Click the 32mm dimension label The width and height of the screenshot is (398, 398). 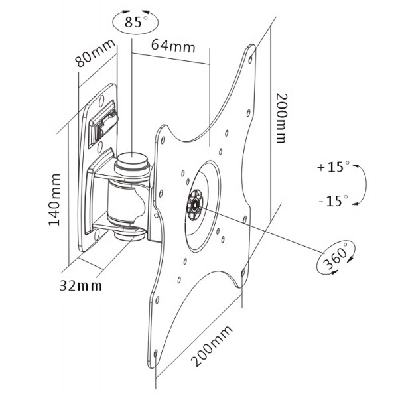pos(82,286)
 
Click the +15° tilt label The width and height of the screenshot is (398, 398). pos(332,166)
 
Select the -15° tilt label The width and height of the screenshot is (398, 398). pos(333,200)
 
